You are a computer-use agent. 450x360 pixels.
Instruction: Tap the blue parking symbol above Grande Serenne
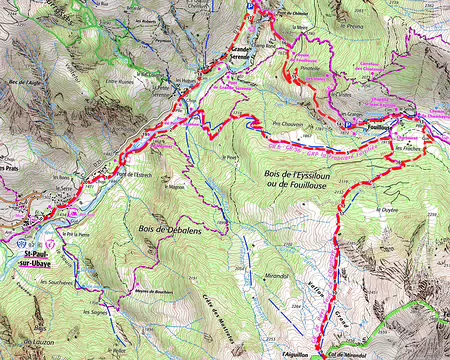coord(249,5)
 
